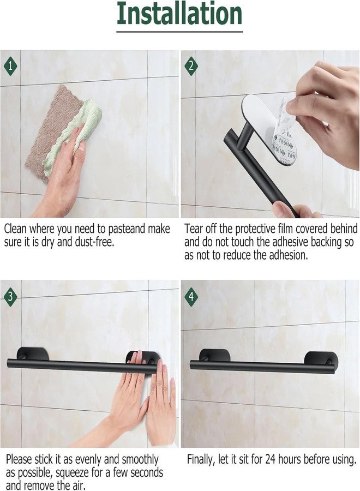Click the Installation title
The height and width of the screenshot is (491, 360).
click(179, 15)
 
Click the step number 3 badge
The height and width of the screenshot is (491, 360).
click(10, 296)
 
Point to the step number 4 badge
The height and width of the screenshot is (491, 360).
click(191, 296)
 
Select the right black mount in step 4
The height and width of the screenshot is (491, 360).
click(321, 359)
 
